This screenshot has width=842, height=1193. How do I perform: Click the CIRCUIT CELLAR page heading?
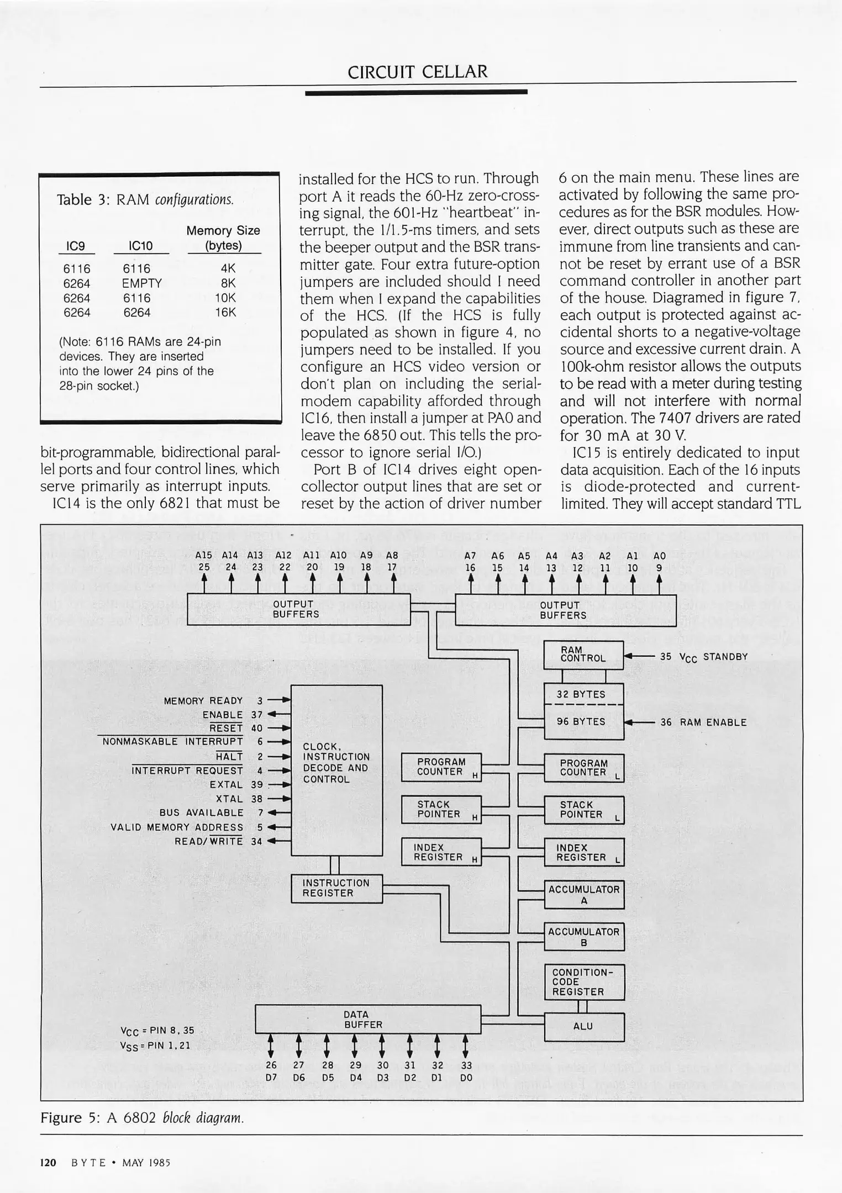418,72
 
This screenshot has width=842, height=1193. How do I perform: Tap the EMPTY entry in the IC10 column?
142,283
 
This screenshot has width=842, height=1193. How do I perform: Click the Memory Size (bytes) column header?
223,238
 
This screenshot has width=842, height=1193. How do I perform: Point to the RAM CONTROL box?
583,654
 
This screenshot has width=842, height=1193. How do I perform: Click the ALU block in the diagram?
583,1026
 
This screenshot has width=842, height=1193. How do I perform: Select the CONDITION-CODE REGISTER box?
583,982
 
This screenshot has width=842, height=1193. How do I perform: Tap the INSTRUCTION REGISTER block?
336,888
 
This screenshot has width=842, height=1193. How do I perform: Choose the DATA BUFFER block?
367,1020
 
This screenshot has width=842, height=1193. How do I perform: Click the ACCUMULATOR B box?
583,937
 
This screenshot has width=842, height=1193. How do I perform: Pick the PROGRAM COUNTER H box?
441,767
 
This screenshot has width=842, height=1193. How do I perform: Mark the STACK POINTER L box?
583,810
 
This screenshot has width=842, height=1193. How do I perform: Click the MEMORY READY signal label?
203,701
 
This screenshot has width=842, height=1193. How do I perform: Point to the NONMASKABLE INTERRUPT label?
172,742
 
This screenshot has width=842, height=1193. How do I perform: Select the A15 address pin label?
203,556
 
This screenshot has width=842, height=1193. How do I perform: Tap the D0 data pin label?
466,1078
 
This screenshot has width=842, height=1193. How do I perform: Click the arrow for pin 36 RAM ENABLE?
640,722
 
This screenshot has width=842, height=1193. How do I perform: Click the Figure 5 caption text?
142,1118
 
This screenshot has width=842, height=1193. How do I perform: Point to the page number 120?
48,1163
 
